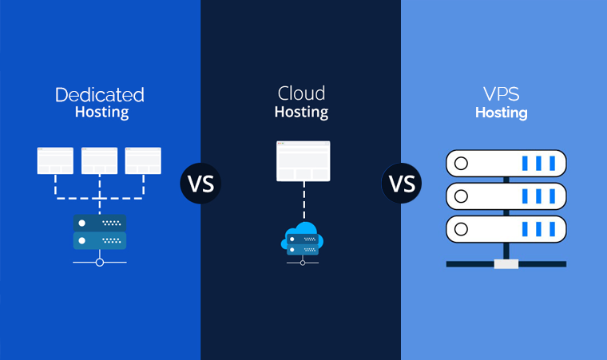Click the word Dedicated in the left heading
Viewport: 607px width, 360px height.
pos(100,95)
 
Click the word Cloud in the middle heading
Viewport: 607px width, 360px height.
pos(301,93)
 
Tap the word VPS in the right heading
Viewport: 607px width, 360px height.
pos(501,94)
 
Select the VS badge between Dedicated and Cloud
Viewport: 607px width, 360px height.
pos(200,183)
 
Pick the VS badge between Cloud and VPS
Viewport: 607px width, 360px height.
pos(402,183)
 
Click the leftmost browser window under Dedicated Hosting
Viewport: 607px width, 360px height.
pos(55,160)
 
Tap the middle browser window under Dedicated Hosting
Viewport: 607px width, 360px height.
pos(99,160)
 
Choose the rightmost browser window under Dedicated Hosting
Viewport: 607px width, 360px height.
pos(143,160)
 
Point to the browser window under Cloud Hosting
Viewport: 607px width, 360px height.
pos(303,161)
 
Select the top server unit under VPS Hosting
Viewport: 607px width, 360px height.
pos(506,164)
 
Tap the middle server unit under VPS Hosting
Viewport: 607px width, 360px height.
pos(506,196)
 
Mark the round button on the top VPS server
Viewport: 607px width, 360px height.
pos(461,164)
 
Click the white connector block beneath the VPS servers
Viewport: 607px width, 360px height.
pos(506,263)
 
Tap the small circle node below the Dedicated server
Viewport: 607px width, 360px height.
pos(99,262)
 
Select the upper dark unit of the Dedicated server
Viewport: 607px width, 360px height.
pos(99,223)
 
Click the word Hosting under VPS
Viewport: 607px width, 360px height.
pos(501,113)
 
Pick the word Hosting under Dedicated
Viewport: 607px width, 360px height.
pos(101,112)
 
